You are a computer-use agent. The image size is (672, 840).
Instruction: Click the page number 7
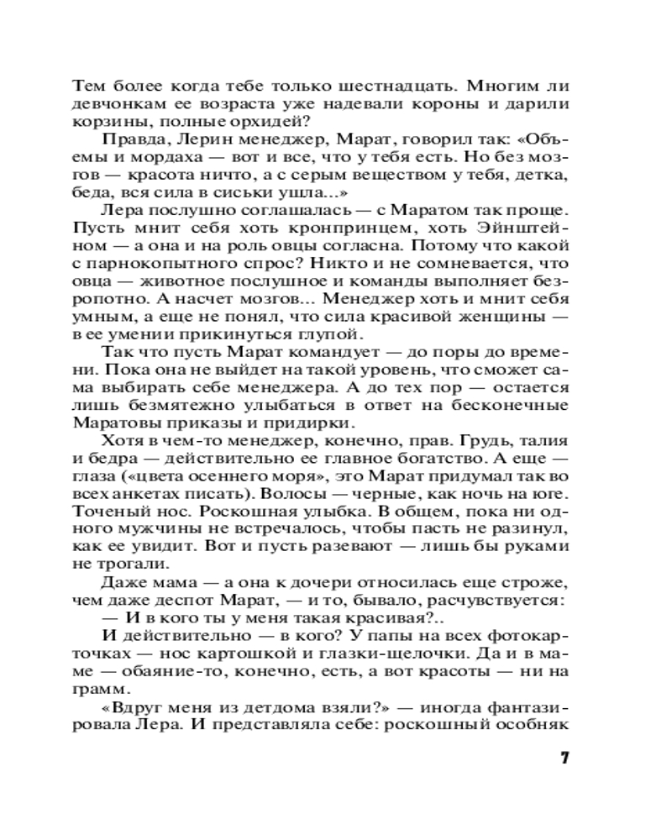point(565,757)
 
